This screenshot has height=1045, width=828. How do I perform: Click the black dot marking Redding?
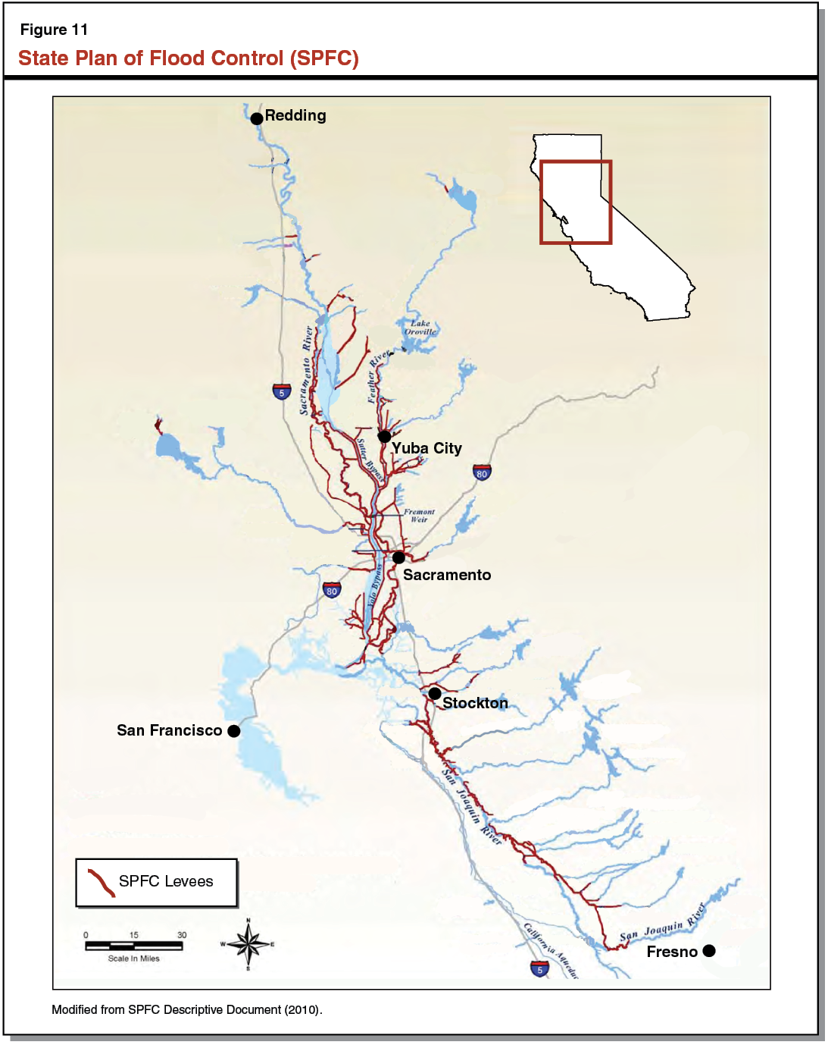(257, 118)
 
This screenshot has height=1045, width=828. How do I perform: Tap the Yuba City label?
(426, 448)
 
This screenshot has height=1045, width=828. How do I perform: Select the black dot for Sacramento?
(398, 557)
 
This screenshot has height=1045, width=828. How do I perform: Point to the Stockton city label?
(475, 703)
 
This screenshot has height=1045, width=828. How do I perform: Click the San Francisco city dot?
(234, 731)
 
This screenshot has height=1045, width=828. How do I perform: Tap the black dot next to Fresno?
(709, 951)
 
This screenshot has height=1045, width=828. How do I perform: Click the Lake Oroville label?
(420, 328)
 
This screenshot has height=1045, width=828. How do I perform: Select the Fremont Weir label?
(419, 516)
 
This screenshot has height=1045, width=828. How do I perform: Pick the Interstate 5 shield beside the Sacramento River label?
(282, 391)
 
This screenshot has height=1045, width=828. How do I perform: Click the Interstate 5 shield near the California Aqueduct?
(539, 968)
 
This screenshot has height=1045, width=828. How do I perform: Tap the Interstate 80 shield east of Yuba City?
(482, 472)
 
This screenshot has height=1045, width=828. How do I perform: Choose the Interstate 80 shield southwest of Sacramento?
(332, 590)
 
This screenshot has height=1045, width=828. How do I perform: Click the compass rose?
(248, 944)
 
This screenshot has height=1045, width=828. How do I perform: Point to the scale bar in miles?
(134, 946)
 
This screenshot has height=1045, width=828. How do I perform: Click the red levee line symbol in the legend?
(101, 883)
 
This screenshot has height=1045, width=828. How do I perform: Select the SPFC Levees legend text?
(166, 881)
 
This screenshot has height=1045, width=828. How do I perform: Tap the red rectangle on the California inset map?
(576, 202)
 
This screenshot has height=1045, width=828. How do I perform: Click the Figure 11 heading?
(54, 30)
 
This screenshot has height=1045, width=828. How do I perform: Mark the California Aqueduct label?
(551, 950)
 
